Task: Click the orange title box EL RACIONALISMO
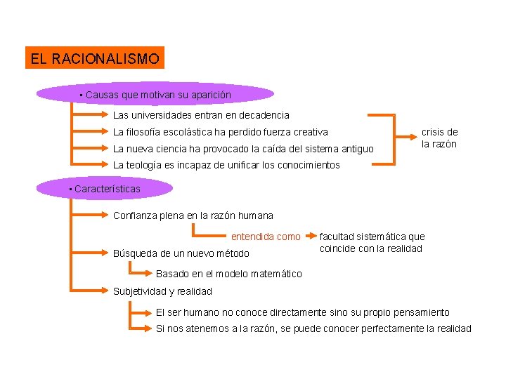pyautogui.click(x=94, y=58)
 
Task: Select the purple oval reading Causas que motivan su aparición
pyautogui.click(x=155, y=94)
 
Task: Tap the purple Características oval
pyautogui.click(x=105, y=189)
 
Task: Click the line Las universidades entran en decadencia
pyautogui.click(x=201, y=115)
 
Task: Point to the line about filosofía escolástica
pyautogui.click(x=221, y=132)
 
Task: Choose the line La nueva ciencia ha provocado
pyautogui.click(x=243, y=149)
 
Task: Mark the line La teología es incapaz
pyautogui.click(x=226, y=166)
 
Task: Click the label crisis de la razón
pyautogui.click(x=439, y=138)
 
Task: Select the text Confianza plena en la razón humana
pyautogui.click(x=193, y=215)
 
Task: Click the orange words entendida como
pyautogui.click(x=266, y=237)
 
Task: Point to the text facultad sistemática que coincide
pyautogui.click(x=372, y=243)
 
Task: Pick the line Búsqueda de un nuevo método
pyautogui.click(x=181, y=253)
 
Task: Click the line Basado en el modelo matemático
pyautogui.click(x=228, y=274)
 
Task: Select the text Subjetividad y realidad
pyautogui.click(x=162, y=291)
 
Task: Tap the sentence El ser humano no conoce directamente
pyautogui.click(x=302, y=312)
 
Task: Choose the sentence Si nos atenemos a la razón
pyautogui.click(x=313, y=329)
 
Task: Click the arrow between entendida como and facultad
pyautogui.click(x=309, y=237)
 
